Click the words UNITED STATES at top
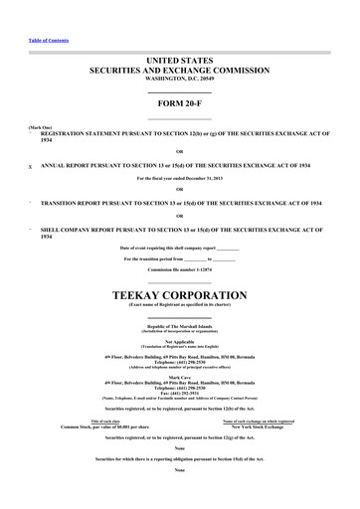179,62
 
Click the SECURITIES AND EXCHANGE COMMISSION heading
179,72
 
